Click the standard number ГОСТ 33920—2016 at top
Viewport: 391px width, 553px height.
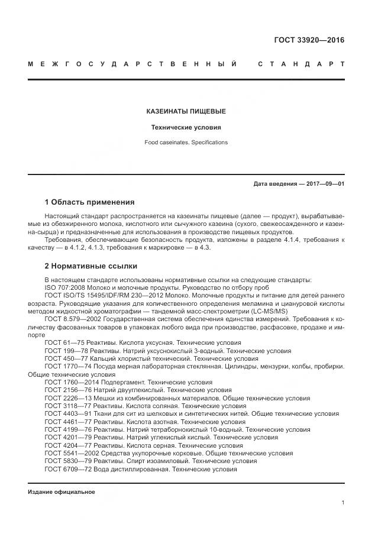[309, 41]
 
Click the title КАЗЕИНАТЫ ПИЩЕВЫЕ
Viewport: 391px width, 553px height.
[186, 111]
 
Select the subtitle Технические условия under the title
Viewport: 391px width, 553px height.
[186, 127]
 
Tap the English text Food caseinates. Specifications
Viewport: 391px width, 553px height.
[186, 143]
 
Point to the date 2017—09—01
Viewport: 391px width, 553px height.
[325, 184]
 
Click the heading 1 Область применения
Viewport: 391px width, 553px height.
[89, 202]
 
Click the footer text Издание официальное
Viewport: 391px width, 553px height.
[61, 492]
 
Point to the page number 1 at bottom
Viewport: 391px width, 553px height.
[342, 503]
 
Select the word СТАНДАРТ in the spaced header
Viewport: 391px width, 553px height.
[301, 64]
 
